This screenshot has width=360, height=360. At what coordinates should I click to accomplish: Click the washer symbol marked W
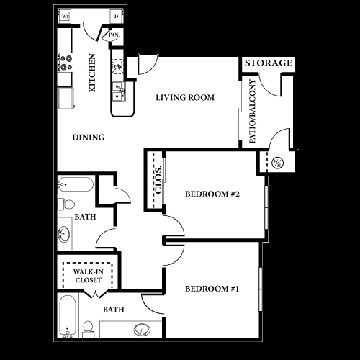tap(64, 16)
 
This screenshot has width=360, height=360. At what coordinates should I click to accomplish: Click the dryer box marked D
tap(115, 16)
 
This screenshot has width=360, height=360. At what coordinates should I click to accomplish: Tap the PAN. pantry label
tap(113, 35)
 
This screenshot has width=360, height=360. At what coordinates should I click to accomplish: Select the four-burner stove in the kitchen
tap(67, 63)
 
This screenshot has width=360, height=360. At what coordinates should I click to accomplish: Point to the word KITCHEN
tap(92, 73)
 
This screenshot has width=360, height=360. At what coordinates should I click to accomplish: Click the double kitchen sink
tap(120, 91)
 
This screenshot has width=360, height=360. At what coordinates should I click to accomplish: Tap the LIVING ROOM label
tap(185, 98)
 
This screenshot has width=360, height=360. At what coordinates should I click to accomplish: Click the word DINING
tap(89, 138)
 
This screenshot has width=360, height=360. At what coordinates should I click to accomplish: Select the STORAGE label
tap(268, 63)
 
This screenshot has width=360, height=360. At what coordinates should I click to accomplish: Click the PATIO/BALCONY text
tap(253, 112)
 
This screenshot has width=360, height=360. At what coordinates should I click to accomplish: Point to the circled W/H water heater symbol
tap(279, 163)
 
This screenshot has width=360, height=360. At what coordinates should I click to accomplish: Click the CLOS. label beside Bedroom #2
tap(158, 180)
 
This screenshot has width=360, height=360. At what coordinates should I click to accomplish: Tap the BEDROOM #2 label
tap(212, 194)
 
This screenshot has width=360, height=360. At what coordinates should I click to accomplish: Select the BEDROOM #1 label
tap(212, 289)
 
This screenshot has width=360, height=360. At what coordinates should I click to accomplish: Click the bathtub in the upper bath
tap(76, 184)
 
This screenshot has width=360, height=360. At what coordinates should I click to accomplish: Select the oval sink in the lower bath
tap(141, 330)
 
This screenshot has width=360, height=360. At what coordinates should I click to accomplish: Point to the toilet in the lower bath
tap(89, 328)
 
